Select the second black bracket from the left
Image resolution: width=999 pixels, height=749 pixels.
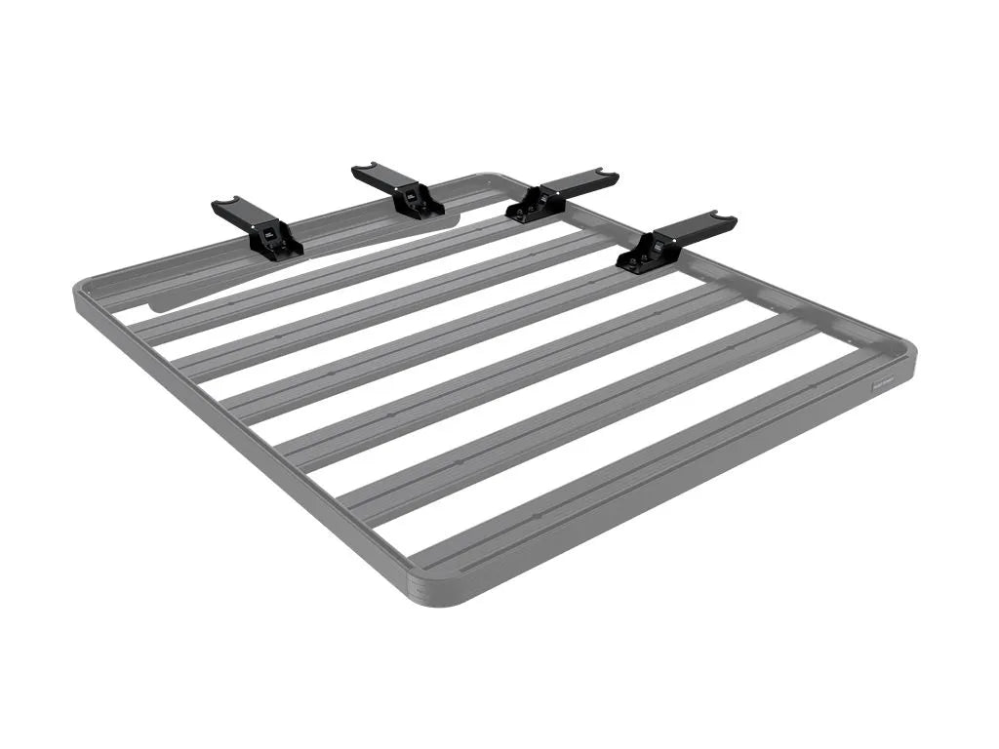(x=398, y=189)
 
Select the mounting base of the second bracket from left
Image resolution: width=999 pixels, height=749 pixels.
(x=420, y=203)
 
